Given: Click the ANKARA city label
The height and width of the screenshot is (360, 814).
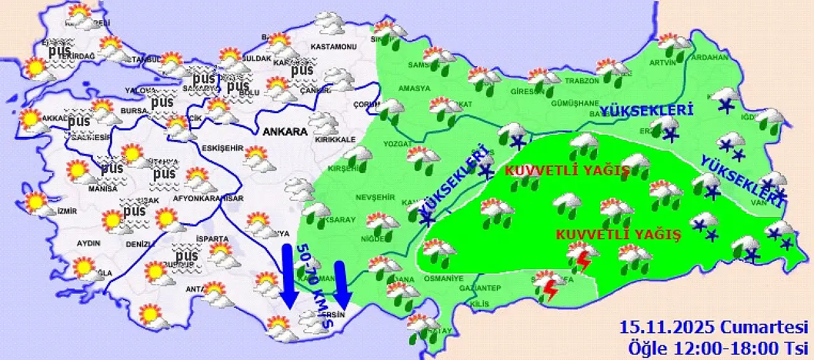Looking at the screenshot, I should coord(285,132).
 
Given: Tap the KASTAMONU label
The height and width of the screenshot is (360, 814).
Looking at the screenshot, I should coord(333,47).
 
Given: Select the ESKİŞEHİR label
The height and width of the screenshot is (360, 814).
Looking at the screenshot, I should coord(222,148).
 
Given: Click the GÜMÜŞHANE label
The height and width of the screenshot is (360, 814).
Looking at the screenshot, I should coord(558,103).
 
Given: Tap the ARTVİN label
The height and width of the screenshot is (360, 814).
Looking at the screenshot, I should coord(662,62).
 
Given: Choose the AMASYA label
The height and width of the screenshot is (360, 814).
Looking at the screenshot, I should coord(415,88).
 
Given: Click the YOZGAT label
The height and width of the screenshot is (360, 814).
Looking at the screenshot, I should coord(398,144).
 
